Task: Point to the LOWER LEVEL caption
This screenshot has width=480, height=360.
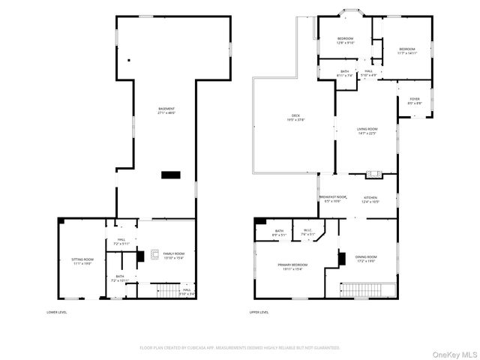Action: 57,312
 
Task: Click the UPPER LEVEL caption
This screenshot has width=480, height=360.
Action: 259,312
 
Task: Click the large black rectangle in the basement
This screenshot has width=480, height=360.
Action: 171,175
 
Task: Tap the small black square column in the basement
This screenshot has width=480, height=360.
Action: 129,60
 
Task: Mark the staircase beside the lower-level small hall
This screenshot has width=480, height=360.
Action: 166,290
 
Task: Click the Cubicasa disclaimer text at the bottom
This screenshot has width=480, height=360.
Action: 240,347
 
